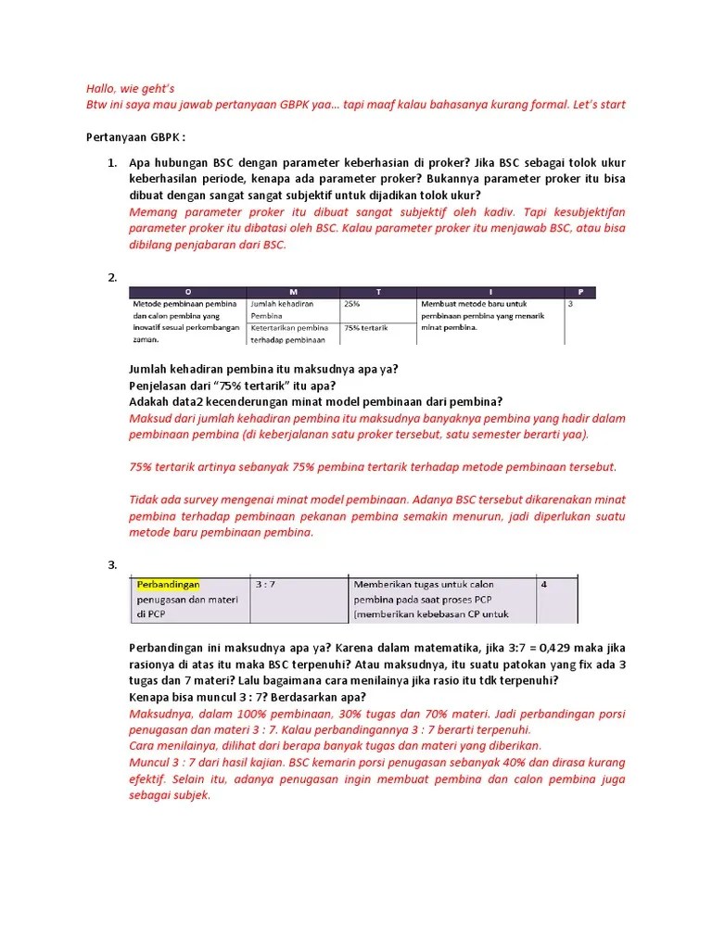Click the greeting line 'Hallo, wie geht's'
123,88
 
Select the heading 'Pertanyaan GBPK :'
135,137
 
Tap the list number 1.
111,163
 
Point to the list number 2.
111,277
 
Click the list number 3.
111,564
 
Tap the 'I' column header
490,291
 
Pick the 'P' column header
580,291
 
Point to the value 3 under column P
570,304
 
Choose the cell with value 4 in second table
544,585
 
